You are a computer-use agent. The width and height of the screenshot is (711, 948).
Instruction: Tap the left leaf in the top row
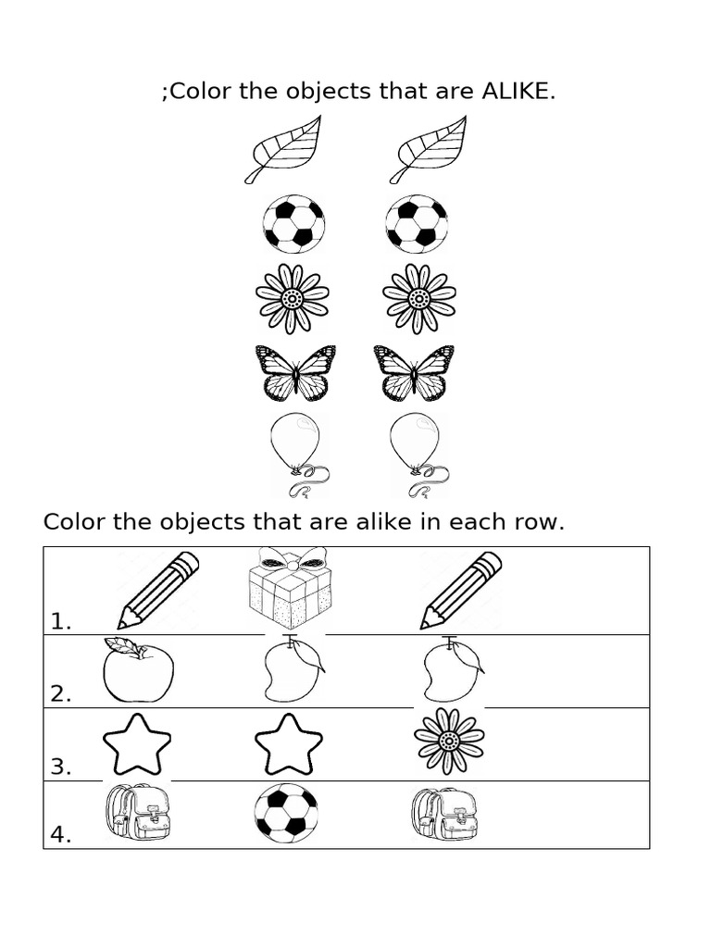[282, 149]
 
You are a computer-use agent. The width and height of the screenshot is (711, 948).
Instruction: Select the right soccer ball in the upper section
[417, 223]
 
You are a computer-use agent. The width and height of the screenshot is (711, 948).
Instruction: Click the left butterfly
[294, 373]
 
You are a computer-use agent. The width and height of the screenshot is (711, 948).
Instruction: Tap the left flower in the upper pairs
[292, 298]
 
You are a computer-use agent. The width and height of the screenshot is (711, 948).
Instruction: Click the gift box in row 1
[291, 592]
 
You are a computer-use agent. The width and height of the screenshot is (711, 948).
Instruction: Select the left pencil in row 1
[158, 590]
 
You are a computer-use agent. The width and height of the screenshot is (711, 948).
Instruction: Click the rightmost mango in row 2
[451, 670]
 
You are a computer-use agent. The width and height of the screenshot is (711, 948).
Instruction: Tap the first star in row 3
[137, 743]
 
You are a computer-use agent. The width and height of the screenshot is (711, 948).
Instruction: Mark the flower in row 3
[449, 741]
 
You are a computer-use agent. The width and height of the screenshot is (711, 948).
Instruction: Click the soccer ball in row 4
[286, 813]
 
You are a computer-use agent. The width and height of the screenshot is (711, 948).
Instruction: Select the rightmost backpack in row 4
[444, 813]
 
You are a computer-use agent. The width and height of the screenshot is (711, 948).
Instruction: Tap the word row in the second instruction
[531, 522]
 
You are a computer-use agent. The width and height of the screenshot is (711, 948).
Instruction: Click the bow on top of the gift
[292, 558]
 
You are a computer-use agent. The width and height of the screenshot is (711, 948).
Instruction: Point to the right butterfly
[414, 373]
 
